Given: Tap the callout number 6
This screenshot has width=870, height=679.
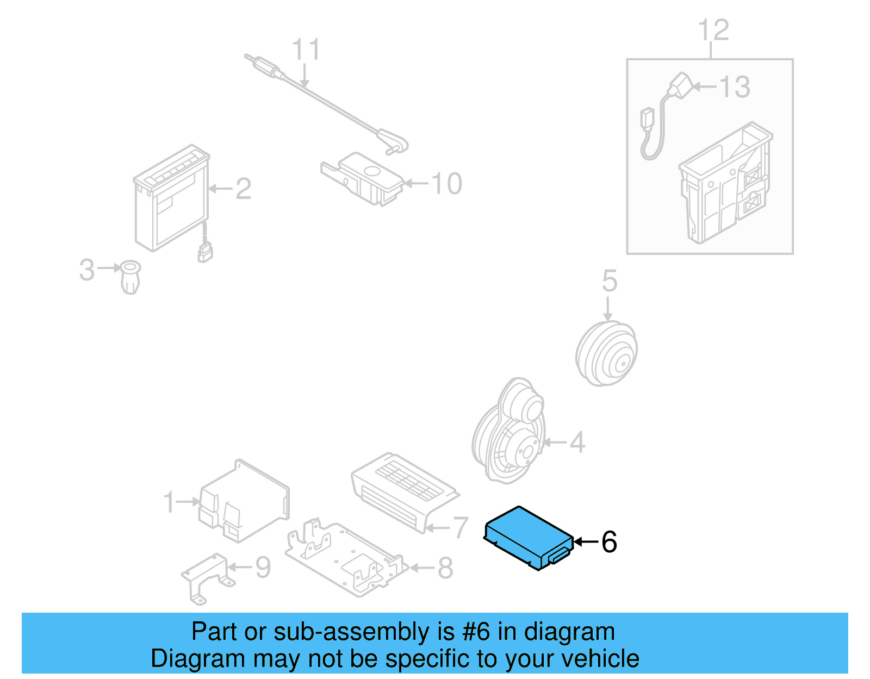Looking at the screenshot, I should coord(608,542).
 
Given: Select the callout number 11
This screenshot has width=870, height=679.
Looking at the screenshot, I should coord(306,50).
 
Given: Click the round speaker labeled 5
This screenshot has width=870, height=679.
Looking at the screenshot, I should coord(606,354).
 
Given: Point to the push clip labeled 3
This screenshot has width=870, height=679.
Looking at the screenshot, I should coord(130,276).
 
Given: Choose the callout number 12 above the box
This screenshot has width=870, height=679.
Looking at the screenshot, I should coord(713,30).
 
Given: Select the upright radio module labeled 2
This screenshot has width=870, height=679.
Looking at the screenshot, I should coord(171,198).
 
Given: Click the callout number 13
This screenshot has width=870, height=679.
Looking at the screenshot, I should coord(735,87).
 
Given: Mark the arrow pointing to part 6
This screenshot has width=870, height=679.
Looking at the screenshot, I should coord(585,542).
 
